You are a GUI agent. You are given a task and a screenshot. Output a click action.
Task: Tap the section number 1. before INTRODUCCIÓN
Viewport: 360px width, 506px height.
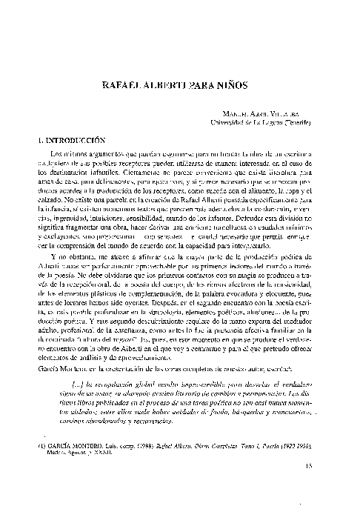coord(39,139)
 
